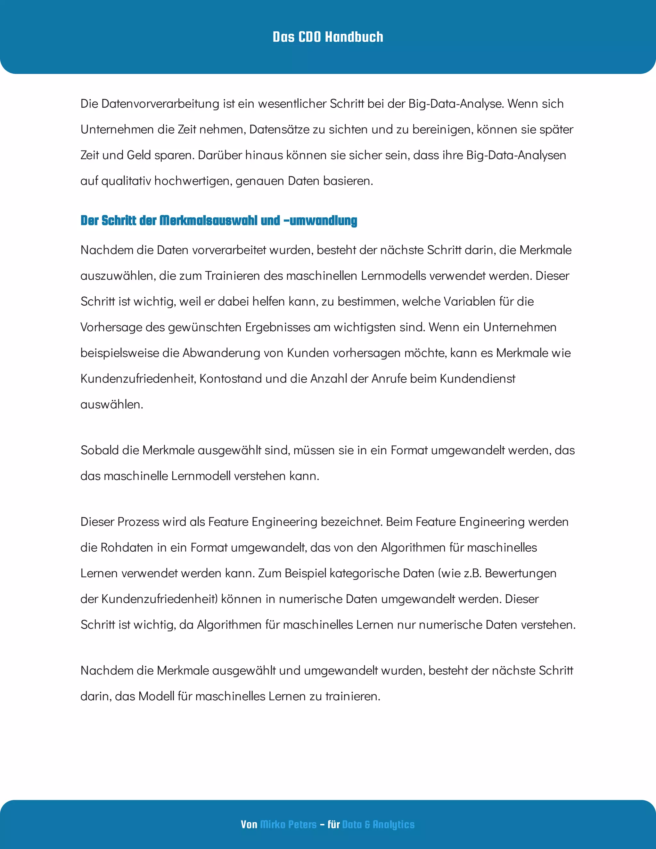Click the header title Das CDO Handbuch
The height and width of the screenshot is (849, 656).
click(328, 37)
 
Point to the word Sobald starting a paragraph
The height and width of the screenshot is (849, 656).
click(100, 450)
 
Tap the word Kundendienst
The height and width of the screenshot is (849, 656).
click(477, 379)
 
